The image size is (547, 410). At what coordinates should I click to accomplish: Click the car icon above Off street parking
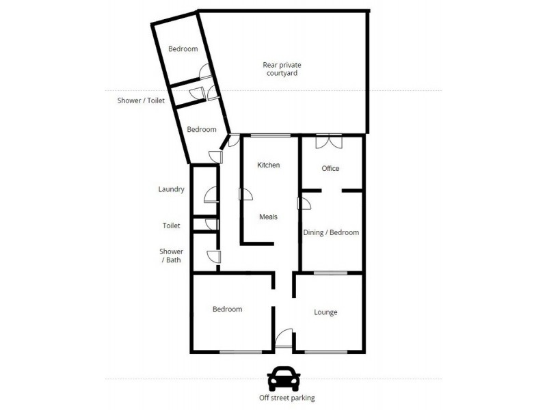pos(283,378)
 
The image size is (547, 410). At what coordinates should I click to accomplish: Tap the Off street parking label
pos(283,398)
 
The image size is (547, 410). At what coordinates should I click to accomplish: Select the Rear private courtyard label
pos(282,69)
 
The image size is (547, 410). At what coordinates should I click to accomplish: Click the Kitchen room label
pos(268,165)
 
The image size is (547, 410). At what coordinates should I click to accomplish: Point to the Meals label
pos(268,217)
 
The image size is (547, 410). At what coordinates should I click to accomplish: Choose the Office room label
pos(330,168)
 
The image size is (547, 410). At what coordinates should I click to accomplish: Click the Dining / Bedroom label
pos(331,232)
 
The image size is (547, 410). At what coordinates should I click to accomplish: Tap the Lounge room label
pos(325,312)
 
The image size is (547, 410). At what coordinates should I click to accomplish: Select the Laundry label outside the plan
pos(171,189)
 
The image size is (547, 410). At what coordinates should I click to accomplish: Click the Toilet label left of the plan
pos(171,225)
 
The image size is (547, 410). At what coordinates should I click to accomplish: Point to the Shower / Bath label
pos(171,256)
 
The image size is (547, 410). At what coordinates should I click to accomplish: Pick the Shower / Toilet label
pos(142,100)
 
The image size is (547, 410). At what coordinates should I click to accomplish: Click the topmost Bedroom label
pos(183,49)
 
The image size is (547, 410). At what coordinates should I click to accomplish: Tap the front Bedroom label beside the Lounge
pos(227,309)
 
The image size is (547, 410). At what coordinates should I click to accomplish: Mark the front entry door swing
pos(284,339)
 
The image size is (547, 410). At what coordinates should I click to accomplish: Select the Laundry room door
pos(211,194)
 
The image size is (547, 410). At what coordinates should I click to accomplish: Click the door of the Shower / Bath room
pos(213,257)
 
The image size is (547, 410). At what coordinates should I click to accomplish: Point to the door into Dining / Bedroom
pos(304,203)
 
